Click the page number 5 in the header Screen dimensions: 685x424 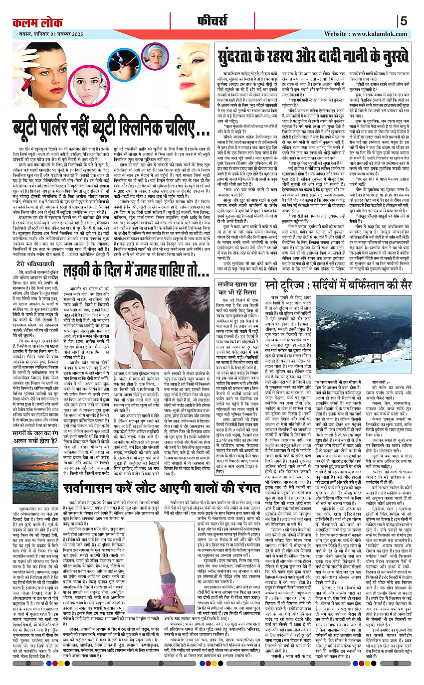pos(404,21)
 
